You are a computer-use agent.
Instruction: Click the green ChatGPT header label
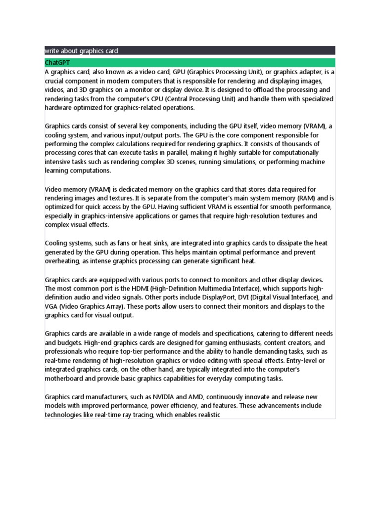[x=58, y=63]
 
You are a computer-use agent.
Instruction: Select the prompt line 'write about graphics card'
[x=81, y=50]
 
